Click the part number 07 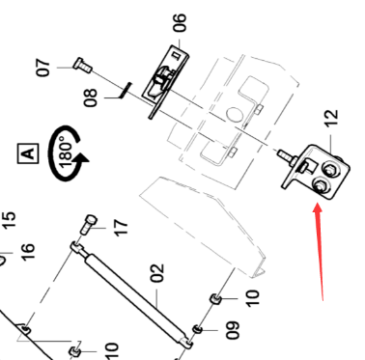[x=42, y=68]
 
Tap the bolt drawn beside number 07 [x=80, y=68]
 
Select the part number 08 [x=90, y=97]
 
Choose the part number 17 [x=120, y=228]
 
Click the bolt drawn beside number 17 [x=90, y=225]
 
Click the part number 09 [x=233, y=331]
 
